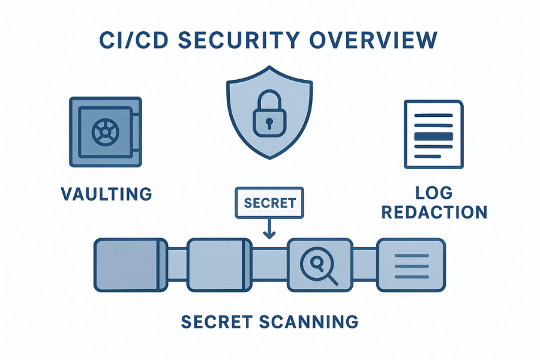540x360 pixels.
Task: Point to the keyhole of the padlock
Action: (269, 122)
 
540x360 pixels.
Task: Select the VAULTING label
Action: (106, 194)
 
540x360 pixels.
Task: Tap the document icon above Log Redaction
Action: (434, 134)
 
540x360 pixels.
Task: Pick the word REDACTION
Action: (434, 212)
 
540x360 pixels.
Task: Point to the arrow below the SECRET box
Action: (269, 229)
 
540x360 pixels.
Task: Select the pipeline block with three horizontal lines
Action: (410, 265)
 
